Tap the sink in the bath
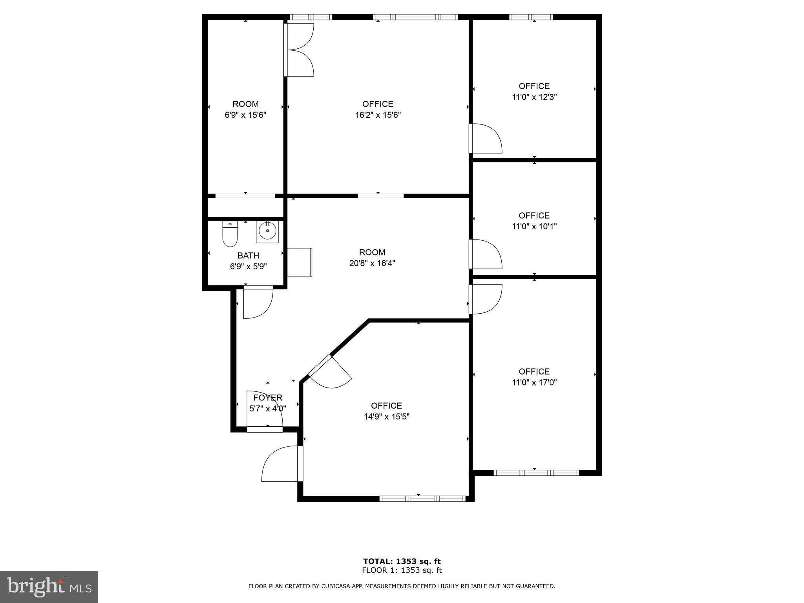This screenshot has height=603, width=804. click(x=268, y=232)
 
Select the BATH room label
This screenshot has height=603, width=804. click(x=248, y=256)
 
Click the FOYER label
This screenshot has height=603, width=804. click(x=268, y=398)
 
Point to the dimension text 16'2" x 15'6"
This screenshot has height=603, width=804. click(x=378, y=115)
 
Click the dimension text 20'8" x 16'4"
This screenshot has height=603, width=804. click(x=372, y=263)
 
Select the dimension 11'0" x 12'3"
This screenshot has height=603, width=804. click(x=534, y=97)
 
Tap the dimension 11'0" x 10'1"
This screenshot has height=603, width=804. click(x=534, y=227)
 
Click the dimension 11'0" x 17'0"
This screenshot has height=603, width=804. click(x=534, y=382)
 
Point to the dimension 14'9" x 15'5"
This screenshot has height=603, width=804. click(x=386, y=417)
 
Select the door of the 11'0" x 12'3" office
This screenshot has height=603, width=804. click(x=485, y=139)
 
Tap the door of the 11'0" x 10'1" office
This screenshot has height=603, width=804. click(x=485, y=254)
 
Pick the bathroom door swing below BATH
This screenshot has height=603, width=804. click(x=258, y=302)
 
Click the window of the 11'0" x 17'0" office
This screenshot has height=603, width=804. click(x=535, y=473)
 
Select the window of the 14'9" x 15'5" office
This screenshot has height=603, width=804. click(x=422, y=499)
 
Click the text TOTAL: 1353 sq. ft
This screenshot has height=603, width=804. click(x=402, y=561)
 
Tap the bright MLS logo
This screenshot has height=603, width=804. click(x=49, y=587)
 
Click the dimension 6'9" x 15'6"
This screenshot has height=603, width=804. click(x=245, y=115)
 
